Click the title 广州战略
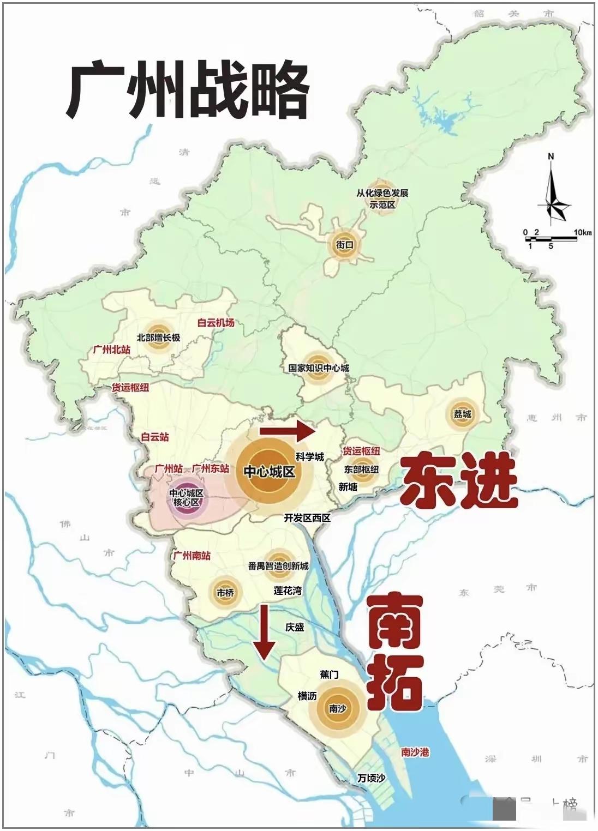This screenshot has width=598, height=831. [188, 92]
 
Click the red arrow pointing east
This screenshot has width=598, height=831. [287, 431]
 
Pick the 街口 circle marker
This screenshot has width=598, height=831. [345, 245]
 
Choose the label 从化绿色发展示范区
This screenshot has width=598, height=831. [382, 199]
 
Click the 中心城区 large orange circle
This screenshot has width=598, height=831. [269, 472]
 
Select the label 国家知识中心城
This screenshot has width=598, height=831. [319, 368]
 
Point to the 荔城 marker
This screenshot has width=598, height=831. [462, 414]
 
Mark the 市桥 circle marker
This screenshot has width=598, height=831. [225, 592]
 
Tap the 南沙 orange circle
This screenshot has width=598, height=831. [338, 708]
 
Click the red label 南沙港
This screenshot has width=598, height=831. [415, 752]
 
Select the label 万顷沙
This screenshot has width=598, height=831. [371, 778]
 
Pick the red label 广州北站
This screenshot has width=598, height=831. [112, 350]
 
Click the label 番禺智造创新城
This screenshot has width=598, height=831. [278, 566]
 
